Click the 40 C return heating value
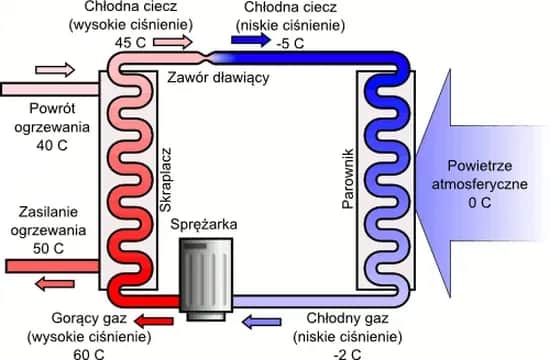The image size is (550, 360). pyautogui.click(x=51, y=143)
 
